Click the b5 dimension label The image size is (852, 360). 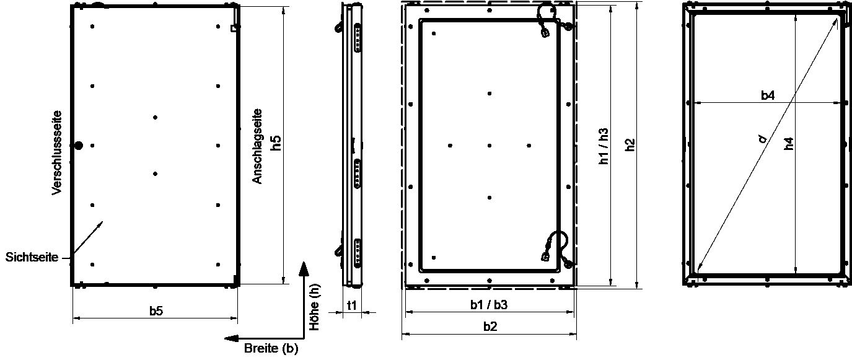pyautogui.click(x=156, y=311)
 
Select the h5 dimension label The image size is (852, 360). pyautogui.click(x=276, y=143)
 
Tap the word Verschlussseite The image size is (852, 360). pyautogui.click(x=56, y=153)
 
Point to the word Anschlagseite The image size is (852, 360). pyautogui.click(x=258, y=146)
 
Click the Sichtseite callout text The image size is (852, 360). pyautogui.click(x=32, y=257)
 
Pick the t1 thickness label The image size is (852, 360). pyautogui.click(x=352, y=305)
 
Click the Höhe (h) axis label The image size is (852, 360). pyautogui.click(x=314, y=307)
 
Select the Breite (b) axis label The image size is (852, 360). pyautogui.click(x=271, y=348)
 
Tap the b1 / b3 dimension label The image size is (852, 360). pyautogui.click(x=489, y=304)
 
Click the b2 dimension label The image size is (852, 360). pyautogui.click(x=490, y=327)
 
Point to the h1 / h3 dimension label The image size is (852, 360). pyautogui.click(x=604, y=146)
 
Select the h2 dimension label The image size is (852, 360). pyautogui.click(x=630, y=144)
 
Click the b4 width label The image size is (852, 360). pyautogui.click(x=768, y=95)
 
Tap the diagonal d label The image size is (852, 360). pyautogui.click(x=762, y=139)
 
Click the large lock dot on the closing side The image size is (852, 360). pyautogui.click(x=78, y=146)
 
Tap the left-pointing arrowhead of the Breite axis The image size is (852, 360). pyautogui.click(x=231, y=338)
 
